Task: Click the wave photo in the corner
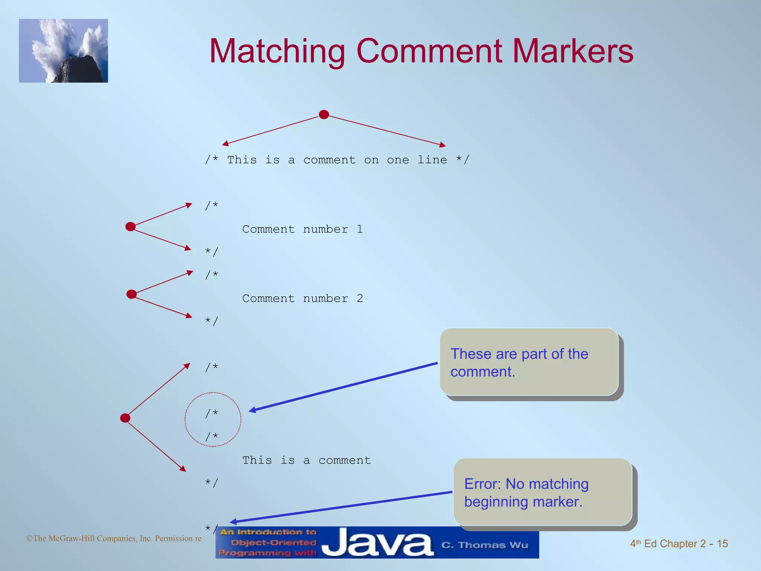[x=64, y=51]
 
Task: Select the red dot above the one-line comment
[x=324, y=114]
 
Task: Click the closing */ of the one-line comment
[x=463, y=160]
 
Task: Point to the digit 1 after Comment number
[x=360, y=229]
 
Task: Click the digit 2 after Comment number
[x=360, y=299]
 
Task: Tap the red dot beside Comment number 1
[x=130, y=226]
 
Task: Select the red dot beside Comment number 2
[x=132, y=294]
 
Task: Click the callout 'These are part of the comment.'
[x=529, y=362]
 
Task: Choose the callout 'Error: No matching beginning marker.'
[x=543, y=492]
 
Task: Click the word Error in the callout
[x=482, y=484]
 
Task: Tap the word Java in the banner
[x=377, y=543]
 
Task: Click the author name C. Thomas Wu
[x=485, y=545]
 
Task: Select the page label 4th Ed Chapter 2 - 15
[x=679, y=543]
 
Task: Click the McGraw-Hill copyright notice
[x=114, y=538]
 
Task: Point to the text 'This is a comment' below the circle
[x=307, y=460]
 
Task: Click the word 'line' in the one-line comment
[x=432, y=160]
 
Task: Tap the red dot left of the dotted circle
[x=125, y=418]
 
